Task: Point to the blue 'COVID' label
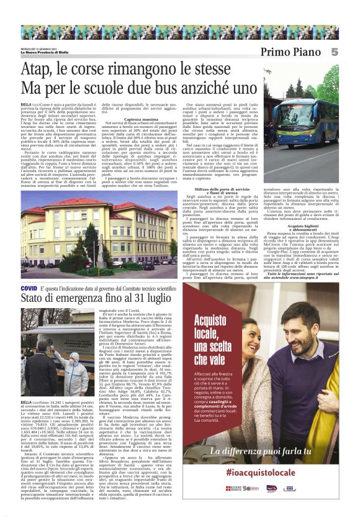pyautogui.click(x=29, y=289)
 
